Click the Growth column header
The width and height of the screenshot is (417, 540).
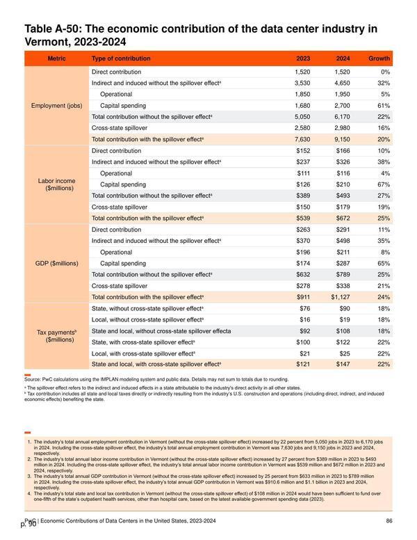click(x=379, y=58)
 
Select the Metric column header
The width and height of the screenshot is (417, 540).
click(x=56, y=58)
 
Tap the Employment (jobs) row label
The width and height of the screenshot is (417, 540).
click(x=57, y=106)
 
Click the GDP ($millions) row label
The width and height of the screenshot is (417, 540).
click(x=57, y=264)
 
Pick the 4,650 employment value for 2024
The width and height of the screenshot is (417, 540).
click(x=342, y=84)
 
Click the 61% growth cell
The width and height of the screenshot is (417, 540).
click(x=384, y=106)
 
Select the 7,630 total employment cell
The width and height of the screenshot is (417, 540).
click(x=302, y=139)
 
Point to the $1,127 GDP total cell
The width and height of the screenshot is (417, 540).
click(x=341, y=297)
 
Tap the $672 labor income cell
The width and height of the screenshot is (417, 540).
click(x=343, y=219)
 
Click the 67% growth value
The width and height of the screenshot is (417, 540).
click(x=384, y=184)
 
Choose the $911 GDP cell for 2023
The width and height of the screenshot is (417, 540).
click(x=303, y=297)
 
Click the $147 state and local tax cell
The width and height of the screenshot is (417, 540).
click(x=343, y=365)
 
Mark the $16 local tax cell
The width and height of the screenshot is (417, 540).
click(x=305, y=319)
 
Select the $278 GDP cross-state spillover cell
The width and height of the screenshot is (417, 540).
click(x=303, y=286)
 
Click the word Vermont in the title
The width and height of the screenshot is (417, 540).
click(x=47, y=42)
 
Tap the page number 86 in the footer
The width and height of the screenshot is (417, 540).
click(x=389, y=521)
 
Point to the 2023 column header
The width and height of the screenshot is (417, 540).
click(x=303, y=58)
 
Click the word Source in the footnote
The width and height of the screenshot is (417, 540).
click(x=33, y=379)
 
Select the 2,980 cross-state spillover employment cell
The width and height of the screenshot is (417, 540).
click(x=342, y=128)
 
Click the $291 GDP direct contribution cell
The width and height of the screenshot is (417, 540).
click(x=343, y=230)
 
